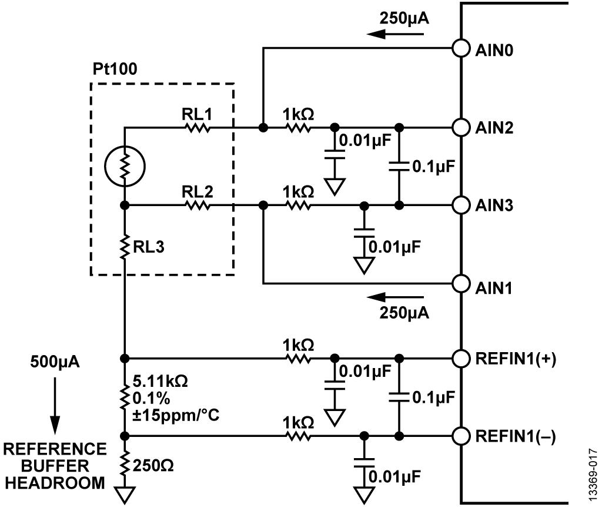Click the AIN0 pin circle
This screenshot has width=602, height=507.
[x=461, y=48]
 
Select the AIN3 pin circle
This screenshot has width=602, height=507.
[x=461, y=205]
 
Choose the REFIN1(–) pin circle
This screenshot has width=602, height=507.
[x=461, y=436]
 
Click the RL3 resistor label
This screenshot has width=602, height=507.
[x=149, y=248]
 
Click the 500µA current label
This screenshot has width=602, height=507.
[x=55, y=360]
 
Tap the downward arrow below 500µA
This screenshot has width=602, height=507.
[x=55, y=406]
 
